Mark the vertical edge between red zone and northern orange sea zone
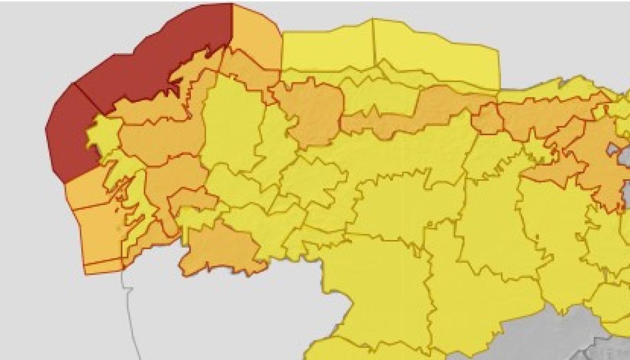click(232, 25)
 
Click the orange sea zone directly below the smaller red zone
click(86, 187)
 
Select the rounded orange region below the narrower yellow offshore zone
click(315, 111)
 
